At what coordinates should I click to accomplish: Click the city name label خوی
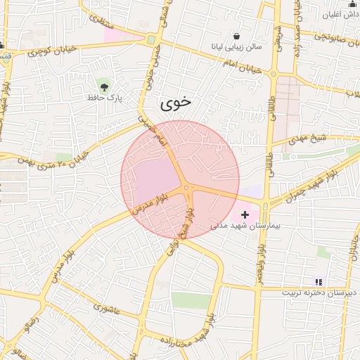tap(176, 103)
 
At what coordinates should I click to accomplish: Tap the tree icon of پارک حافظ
tap(105, 86)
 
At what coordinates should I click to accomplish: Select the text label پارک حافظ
tap(105, 98)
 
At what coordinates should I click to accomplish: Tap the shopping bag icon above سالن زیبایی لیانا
tap(236, 36)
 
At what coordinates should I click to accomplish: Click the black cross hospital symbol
tap(245, 213)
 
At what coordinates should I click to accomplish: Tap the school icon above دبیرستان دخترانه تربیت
tap(319, 281)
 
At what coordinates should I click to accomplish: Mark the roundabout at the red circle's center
tap(187, 188)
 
